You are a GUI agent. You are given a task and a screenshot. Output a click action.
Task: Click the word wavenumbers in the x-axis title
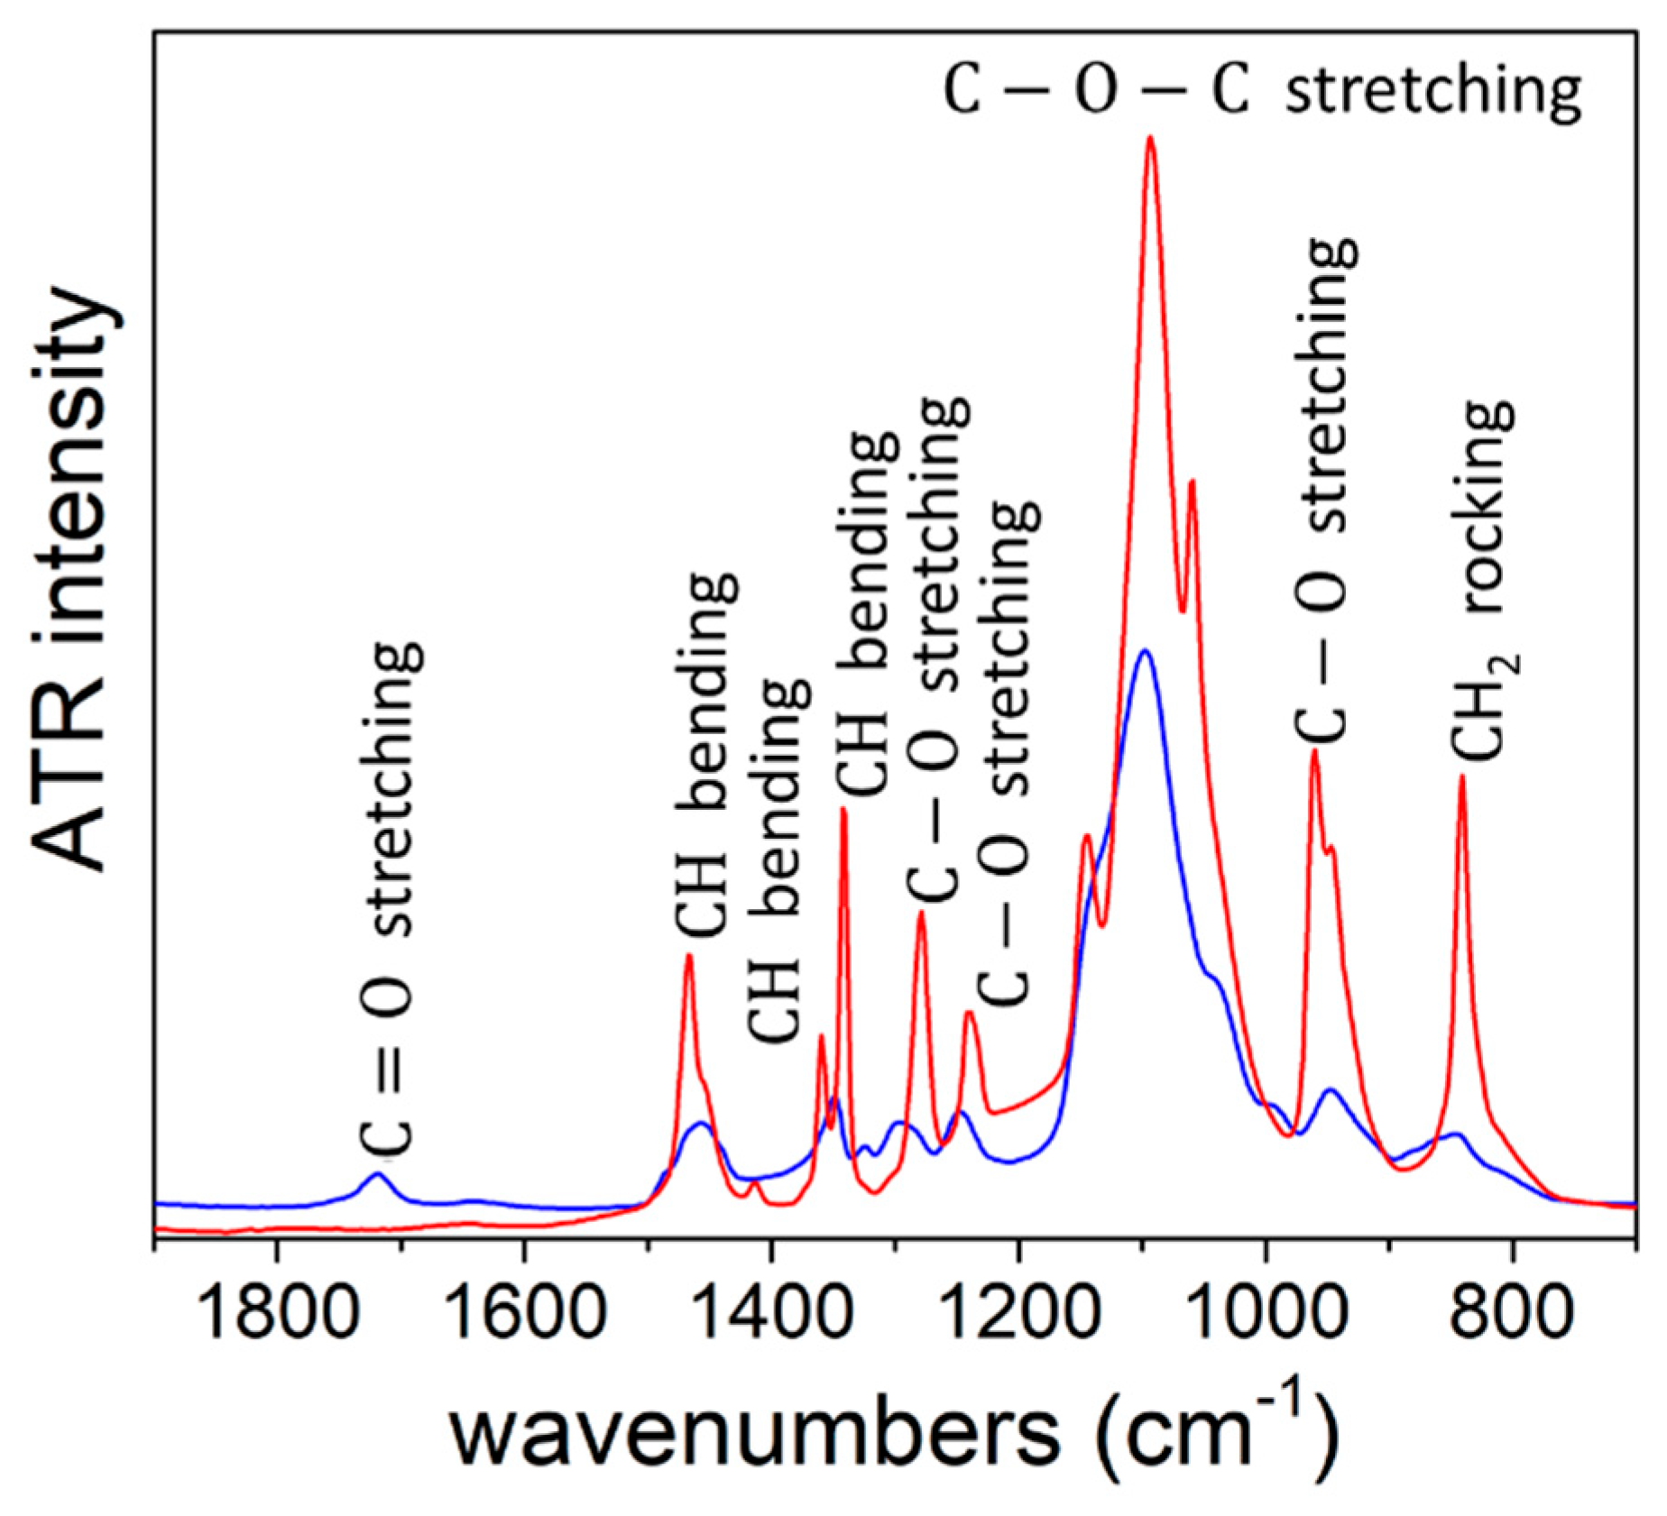(754, 1432)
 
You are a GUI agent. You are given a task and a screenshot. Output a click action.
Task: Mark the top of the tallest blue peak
(1145, 650)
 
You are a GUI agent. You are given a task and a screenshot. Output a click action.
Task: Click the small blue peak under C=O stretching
(378, 1173)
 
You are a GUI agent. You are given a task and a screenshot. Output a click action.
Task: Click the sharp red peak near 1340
(843, 809)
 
